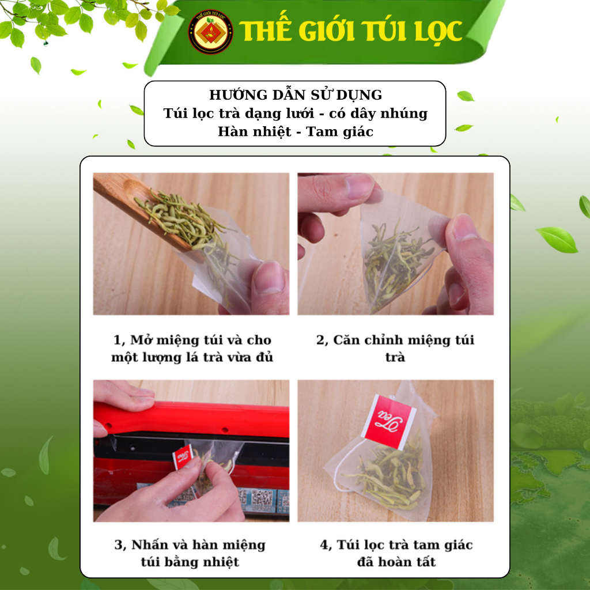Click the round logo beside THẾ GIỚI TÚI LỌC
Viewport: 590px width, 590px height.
point(210,32)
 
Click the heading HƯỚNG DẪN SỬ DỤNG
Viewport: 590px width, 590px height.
point(296,95)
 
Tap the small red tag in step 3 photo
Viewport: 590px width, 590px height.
point(183,456)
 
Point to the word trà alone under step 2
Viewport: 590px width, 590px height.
point(395,357)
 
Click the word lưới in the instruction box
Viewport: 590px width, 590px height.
point(298,114)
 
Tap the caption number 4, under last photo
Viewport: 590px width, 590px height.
point(326,545)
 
